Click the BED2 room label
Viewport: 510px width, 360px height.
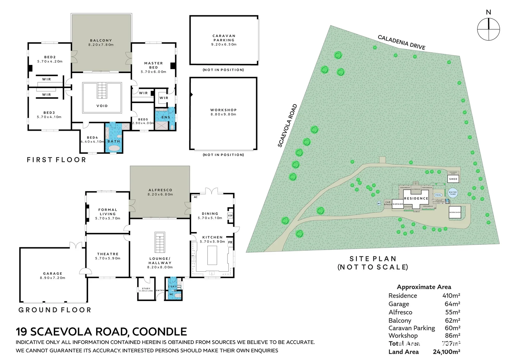pyautogui.click(x=50, y=57)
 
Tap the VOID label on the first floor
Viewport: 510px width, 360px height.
pyautogui.click(x=102, y=106)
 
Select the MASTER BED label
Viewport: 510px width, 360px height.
pyautogui.click(x=153, y=65)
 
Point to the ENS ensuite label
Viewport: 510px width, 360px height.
pyautogui.click(x=166, y=117)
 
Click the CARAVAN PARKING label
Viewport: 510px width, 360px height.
pyautogui.click(x=224, y=38)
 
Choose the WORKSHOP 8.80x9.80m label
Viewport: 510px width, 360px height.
pyautogui.click(x=223, y=112)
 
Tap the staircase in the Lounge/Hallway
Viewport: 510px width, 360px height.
pyautogui.click(x=160, y=242)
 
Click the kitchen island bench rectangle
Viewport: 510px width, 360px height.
pyautogui.click(x=212, y=255)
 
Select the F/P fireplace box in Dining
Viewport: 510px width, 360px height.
pyautogui.click(x=230, y=216)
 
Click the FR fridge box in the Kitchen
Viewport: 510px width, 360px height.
pyautogui.click(x=230, y=242)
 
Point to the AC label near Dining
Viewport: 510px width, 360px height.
pyautogui.click(x=196, y=197)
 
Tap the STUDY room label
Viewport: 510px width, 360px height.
pyautogui.click(x=146, y=289)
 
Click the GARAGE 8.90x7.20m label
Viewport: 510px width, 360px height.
pyautogui.click(x=53, y=275)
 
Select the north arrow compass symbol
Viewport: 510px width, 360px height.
pyautogui.click(x=488, y=29)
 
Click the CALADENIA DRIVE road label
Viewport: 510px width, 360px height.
pyautogui.click(x=401, y=42)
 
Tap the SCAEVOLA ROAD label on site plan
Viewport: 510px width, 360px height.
pyautogui.click(x=287, y=126)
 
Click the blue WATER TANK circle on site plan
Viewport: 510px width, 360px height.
pyautogui.click(x=453, y=193)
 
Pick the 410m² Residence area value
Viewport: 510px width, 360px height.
pyautogui.click(x=451, y=296)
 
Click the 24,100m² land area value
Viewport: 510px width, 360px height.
pyautogui.click(x=446, y=352)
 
